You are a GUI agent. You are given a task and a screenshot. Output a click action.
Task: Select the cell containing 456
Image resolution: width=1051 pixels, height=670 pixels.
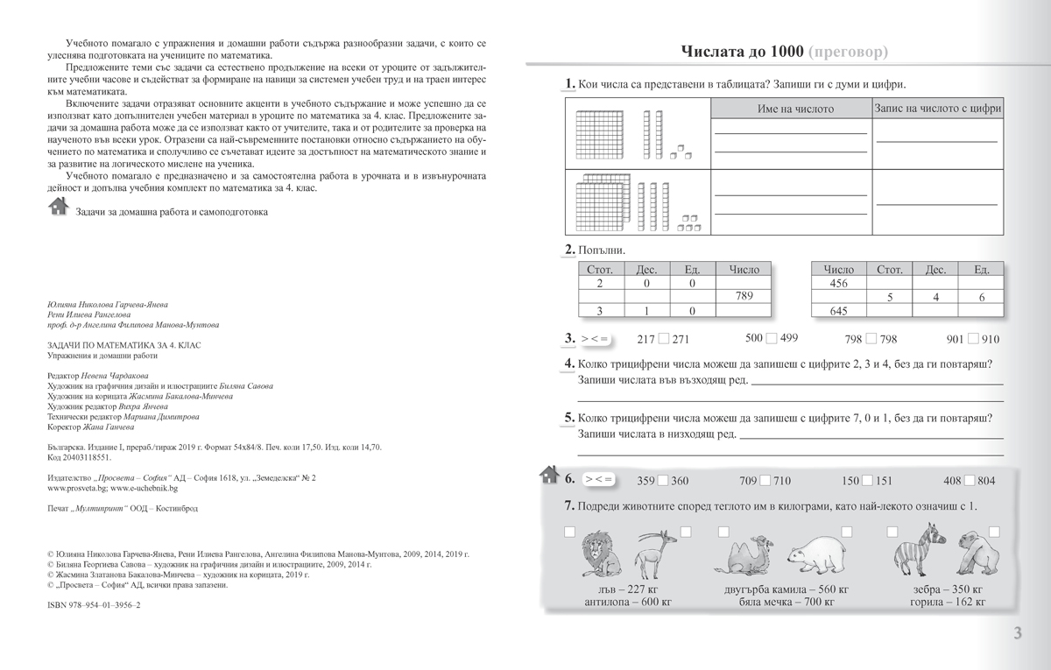click(838, 284)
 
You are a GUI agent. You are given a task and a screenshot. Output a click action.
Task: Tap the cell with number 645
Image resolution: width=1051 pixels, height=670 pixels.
click(838, 312)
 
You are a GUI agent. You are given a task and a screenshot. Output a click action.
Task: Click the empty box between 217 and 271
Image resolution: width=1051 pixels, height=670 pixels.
click(663, 339)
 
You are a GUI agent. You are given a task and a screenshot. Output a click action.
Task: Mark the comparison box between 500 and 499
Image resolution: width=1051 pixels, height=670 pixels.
click(772, 339)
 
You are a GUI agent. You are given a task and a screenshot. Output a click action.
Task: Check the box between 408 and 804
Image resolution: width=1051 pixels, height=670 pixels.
click(971, 480)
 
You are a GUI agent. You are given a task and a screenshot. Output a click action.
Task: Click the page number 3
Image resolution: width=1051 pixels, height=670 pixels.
click(1017, 633)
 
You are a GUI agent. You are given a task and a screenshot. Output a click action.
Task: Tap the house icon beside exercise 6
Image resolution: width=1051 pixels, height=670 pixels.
click(549, 476)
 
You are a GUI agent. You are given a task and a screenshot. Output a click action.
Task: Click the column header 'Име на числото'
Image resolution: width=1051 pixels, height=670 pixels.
click(795, 109)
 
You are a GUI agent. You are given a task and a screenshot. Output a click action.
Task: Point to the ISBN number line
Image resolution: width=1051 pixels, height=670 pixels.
click(92, 605)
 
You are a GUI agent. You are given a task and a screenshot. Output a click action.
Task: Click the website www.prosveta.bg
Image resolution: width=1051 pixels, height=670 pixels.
click(73, 489)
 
